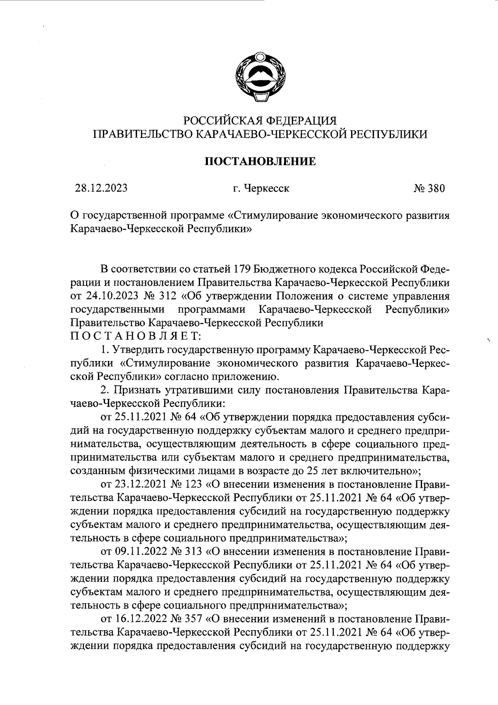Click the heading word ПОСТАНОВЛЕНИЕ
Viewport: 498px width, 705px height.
pyautogui.click(x=261, y=161)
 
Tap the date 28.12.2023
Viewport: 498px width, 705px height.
pyautogui.click(x=101, y=189)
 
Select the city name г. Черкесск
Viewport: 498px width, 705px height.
pyautogui.click(x=261, y=189)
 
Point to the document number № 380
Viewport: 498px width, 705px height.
pyautogui.click(x=429, y=189)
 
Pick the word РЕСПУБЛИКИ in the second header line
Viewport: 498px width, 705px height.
pyautogui.click(x=388, y=134)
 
